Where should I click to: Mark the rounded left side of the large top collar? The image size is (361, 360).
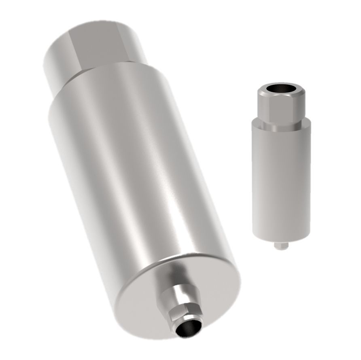click(55, 61)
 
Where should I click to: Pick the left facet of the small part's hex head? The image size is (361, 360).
click(262, 105)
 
